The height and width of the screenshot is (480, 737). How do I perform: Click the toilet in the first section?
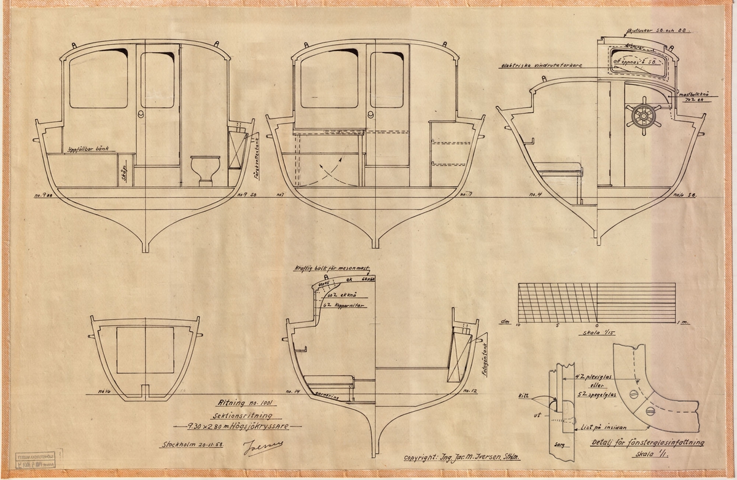pyautogui.click(x=203, y=169)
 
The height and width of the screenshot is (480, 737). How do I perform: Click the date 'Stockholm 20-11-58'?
pyautogui.click(x=191, y=446)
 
